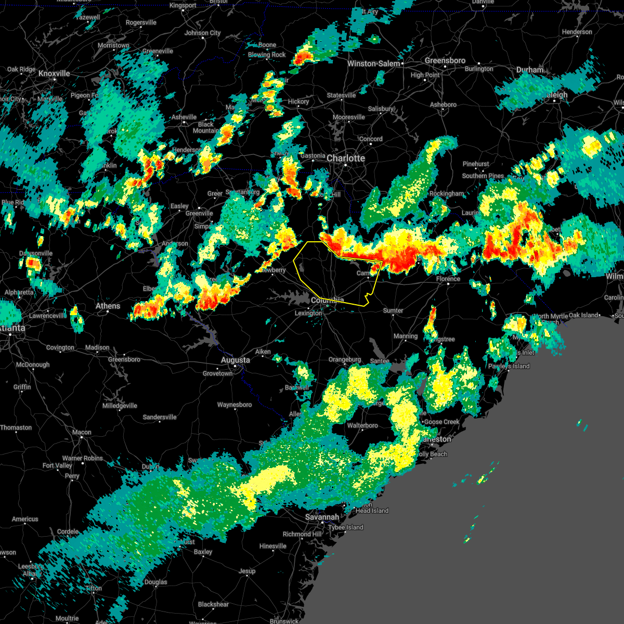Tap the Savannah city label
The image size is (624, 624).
pos(322,517)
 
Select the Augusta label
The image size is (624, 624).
pos(235,360)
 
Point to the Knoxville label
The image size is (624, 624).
pos(54,73)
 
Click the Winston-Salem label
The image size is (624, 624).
pos(374,63)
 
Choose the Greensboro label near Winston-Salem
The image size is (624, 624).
pos(445,61)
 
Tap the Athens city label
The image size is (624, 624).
pos(108,306)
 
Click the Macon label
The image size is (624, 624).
pos(82,432)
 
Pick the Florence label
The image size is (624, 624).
pos(448,279)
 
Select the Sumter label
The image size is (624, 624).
pos(393,310)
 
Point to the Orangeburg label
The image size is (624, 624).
pos(345,359)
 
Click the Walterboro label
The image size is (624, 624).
pos(362,425)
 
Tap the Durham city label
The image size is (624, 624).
pos(530,70)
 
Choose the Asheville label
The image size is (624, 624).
pos(184,117)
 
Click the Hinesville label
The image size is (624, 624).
pos(272,546)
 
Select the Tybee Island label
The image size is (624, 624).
pos(346,527)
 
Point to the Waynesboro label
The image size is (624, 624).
pos(234,405)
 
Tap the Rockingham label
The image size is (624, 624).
pos(447,193)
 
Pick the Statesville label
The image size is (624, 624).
pos(342,95)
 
